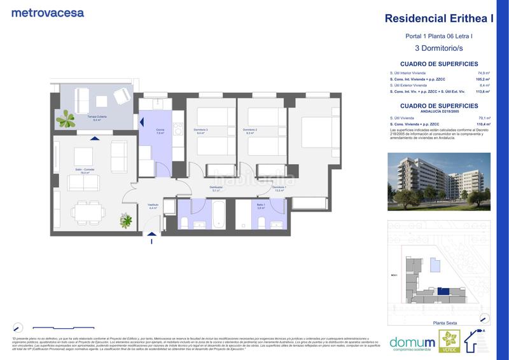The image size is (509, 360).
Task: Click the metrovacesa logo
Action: coord(48,13)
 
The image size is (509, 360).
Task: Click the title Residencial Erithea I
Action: coord(440,18)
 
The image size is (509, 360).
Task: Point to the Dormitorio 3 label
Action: coord(202,132)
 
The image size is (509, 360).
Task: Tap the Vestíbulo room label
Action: coord(153,205)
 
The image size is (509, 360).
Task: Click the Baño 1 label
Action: coord(260,206)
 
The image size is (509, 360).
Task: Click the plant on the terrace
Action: coord(66,117)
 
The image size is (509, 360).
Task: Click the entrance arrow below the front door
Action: coord(152,240)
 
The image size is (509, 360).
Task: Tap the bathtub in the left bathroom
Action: coord(218,216)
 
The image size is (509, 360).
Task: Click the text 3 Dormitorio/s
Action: coord(439,48)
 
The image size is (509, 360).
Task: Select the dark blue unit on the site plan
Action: coord(448,292)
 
